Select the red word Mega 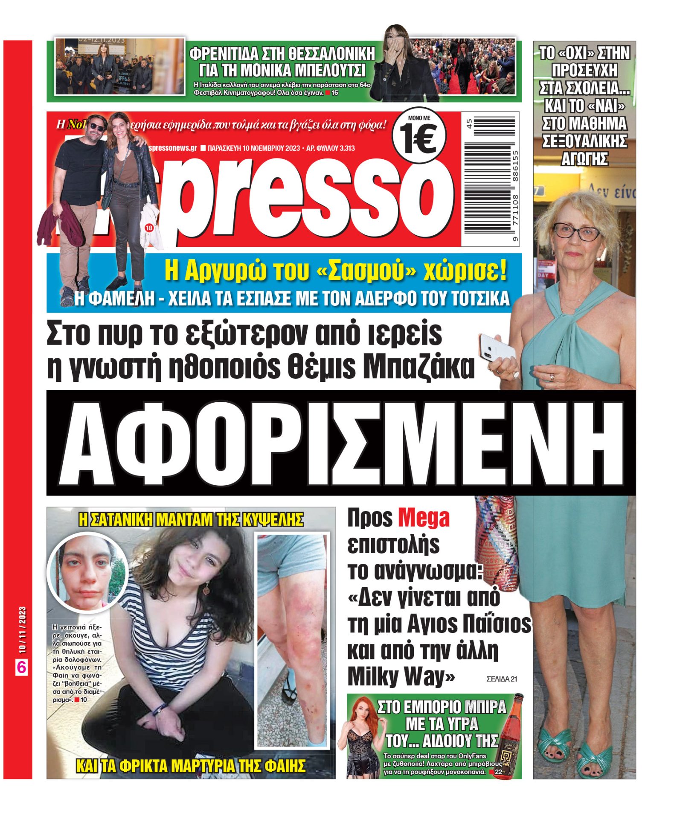point(424,518)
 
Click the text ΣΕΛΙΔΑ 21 point(502,679)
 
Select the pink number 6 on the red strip point(21,667)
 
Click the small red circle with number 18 point(149,228)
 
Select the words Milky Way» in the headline point(401,677)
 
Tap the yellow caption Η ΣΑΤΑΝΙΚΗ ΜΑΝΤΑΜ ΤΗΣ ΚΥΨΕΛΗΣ point(191,520)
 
